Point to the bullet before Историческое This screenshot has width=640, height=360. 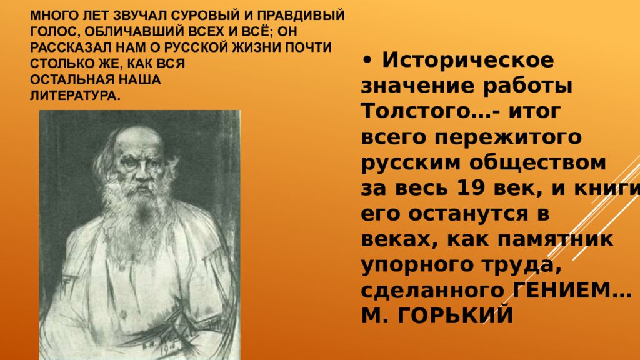click(x=367, y=61)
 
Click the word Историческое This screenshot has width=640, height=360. click(x=468, y=61)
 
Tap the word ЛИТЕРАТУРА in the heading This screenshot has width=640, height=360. click(x=74, y=95)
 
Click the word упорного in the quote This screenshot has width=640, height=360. click(x=416, y=264)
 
